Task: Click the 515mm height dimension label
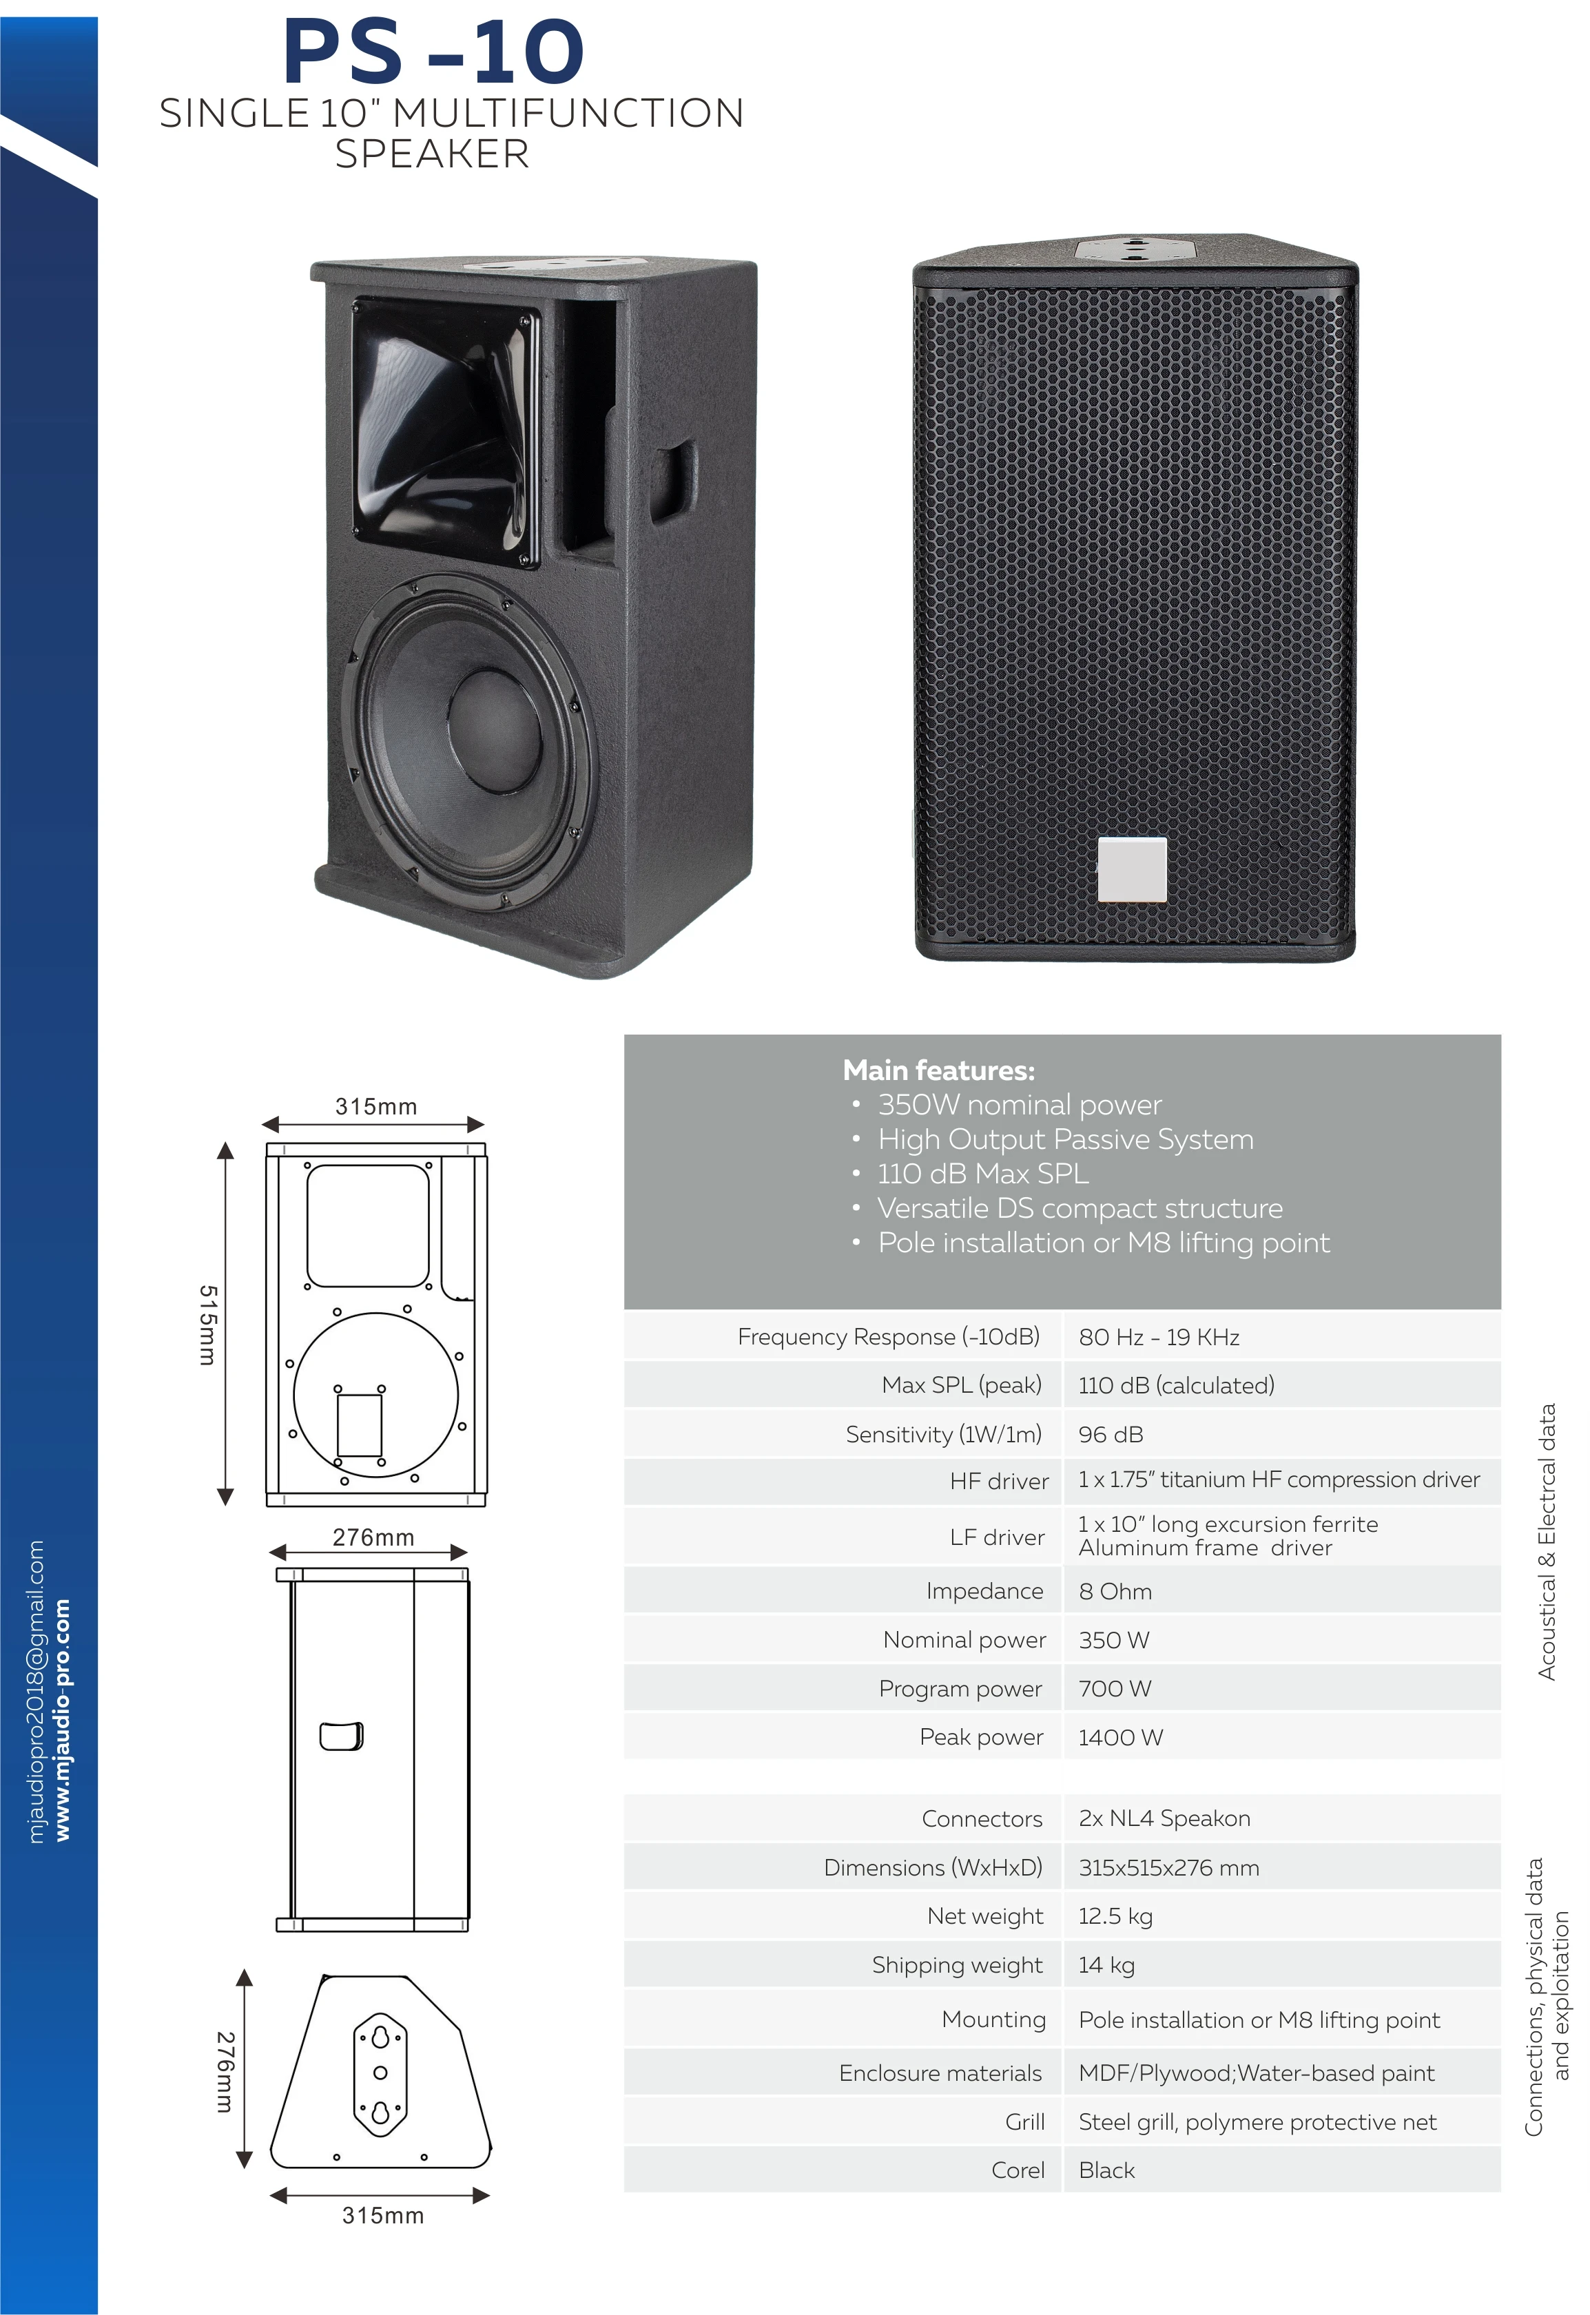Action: [x=207, y=1324]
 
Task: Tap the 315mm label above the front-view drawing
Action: [x=375, y=1107]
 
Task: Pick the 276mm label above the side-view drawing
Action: [x=373, y=1537]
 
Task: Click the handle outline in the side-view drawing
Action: [x=341, y=1736]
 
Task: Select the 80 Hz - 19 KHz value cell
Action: [x=1159, y=1337]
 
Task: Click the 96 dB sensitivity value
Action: [x=1111, y=1435]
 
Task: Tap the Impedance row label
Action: [x=984, y=1591]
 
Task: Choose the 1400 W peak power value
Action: [x=1121, y=1737]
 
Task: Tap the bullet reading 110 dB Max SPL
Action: [x=982, y=1174]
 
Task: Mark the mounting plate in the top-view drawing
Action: [x=380, y=2073]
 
